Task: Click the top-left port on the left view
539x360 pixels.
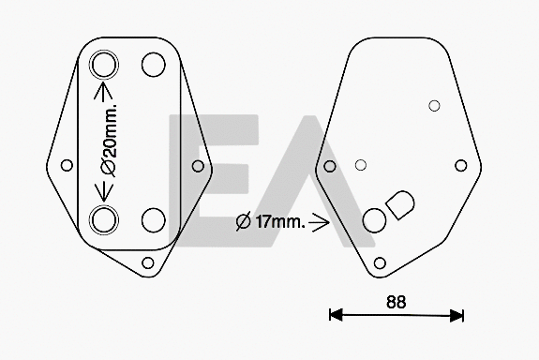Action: pos(104,66)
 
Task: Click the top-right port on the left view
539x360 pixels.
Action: pos(152,65)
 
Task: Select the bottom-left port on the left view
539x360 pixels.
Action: pos(104,219)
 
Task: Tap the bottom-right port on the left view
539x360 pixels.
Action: pos(152,219)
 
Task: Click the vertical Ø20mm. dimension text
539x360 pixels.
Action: pos(109,142)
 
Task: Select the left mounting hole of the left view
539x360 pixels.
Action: pos(67,166)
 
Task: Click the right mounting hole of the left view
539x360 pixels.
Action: pos(198,166)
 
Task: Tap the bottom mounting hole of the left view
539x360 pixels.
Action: pos(148,262)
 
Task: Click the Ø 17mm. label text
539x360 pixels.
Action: pos(268,222)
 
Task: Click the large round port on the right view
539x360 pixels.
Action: pos(374,219)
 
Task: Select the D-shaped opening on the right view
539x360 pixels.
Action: pos(401,204)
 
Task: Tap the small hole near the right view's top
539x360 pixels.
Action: pos(433,106)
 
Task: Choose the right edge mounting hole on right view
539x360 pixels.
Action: pos(460,166)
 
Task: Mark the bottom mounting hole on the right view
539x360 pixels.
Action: pos(380,262)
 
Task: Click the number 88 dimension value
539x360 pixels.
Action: pos(397,301)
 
